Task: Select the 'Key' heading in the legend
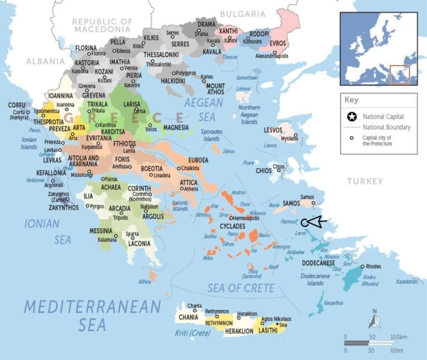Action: coord(351,101)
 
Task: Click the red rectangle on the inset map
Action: coord(399,75)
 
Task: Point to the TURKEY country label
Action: coord(365,181)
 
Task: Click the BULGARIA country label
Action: coord(242,14)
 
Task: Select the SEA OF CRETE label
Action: coord(241,288)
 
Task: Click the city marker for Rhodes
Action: coord(363,267)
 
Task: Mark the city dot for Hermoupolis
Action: coord(231,218)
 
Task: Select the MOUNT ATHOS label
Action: coord(216,88)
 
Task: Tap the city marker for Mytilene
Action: coord(296,135)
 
